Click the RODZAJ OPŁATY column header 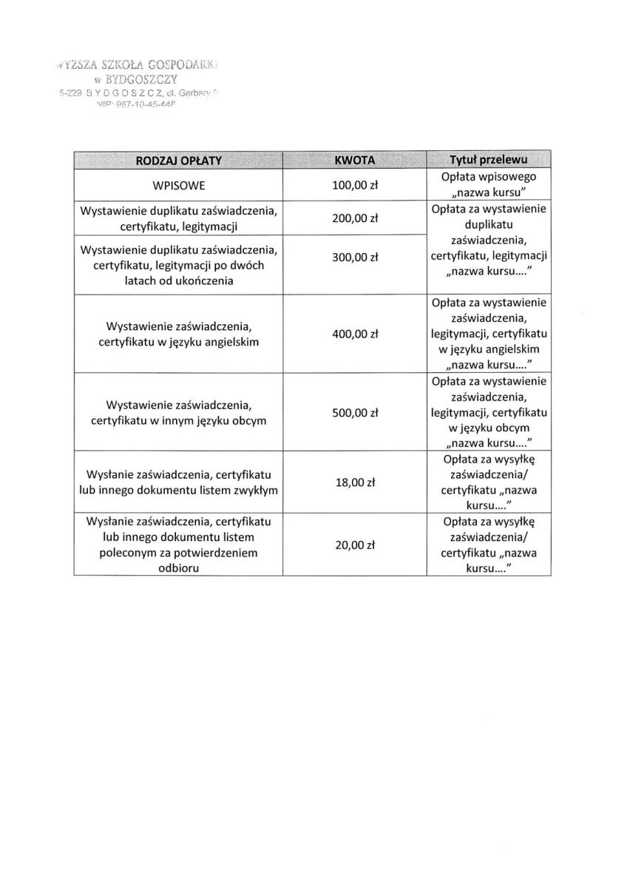(x=178, y=160)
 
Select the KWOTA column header (x=355, y=160)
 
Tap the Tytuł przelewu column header (x=488, y=160)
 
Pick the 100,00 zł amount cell (x=356, y=185)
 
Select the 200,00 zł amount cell (x=356, y=218)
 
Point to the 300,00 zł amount (x=356, y=258)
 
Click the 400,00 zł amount (x=356, y=334)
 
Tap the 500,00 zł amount (x=356, y=412)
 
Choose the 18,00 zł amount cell (x=356, y=482)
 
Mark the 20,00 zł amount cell (x=356, y=545)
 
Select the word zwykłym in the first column (x=256, y=489)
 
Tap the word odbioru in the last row (x=178, y=568)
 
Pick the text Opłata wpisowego (x=488, y=177)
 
